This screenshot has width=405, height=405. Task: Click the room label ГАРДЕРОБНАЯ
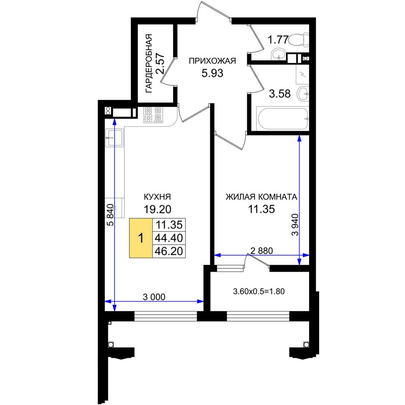pyautogui.click(x=149, y=63)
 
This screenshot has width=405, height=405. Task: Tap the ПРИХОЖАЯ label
pyautogui.click(x=212, y=61)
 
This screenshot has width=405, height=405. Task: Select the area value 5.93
pyautogui.click(x=212, y=73)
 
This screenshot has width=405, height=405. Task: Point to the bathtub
pyautogui.click(x=283, y=119)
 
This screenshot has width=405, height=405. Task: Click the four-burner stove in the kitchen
pyautogui.click(x=153, y=115)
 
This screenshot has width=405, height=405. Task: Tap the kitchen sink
pyautogui.click(x=114, y=138)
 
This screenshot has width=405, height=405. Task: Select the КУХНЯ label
pyautogui.click(x=157, y=197)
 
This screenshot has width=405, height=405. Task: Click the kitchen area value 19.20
pyautogui.click(x=157, y=209)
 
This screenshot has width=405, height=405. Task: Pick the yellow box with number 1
pyautogui.click(x=141, y=238)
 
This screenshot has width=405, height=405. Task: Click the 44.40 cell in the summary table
pyautogui.click(x=169, y=238)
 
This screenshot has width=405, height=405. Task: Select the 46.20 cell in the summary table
pyautogui.click(x=169, y=251)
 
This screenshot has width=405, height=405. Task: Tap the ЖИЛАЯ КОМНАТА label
pyautogui.click(x=261, y=197)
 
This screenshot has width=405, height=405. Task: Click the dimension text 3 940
pyautogui.click(x=295, y=224)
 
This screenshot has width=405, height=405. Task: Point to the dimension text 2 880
pyautogui.click(x=262, y=251)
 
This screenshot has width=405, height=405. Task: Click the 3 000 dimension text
pyautogui.click(x=154, y=297)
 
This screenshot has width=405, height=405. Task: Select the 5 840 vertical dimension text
pyautogui.click(x=110, y=215)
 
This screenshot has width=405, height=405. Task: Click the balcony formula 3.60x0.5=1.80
pyautogui.click(x=259, y=291)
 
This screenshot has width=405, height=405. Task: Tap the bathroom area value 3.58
pyautogui.click(x=280, y=94)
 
